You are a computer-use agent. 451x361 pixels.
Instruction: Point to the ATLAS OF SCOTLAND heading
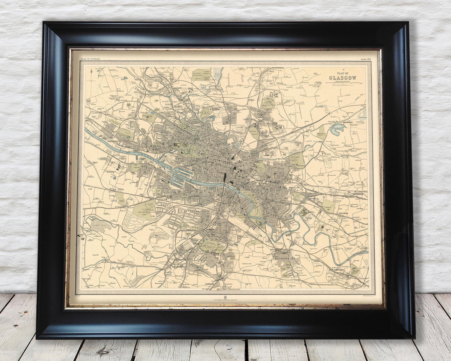coord(90,59)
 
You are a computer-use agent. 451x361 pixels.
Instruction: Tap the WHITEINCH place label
coord(114,141)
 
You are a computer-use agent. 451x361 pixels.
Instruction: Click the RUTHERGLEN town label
coord(285,259)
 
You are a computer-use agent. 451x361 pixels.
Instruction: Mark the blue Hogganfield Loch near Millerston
coord(335,131)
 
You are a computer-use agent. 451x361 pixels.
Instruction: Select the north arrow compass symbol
coord(91,71)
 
